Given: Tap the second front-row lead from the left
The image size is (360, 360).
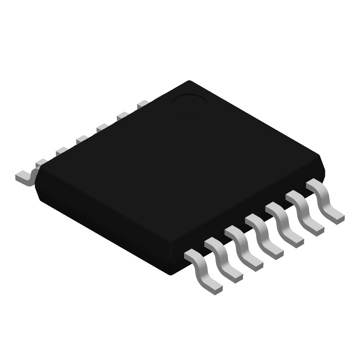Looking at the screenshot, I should tap(223, 259).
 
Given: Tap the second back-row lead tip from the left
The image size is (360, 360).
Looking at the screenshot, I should tap(41, 162).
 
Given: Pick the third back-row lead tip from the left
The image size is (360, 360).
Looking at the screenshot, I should tap(62, 151).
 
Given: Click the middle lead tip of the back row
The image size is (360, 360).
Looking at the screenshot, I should tap(82, 139).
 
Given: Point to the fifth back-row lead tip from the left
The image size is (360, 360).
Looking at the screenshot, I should tap(102, 128).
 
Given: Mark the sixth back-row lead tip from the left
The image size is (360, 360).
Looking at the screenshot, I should tap(122, 116).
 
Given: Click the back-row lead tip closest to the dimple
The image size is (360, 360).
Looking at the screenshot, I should tap(143, 104).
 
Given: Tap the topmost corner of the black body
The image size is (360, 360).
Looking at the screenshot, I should tap(189, 81).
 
